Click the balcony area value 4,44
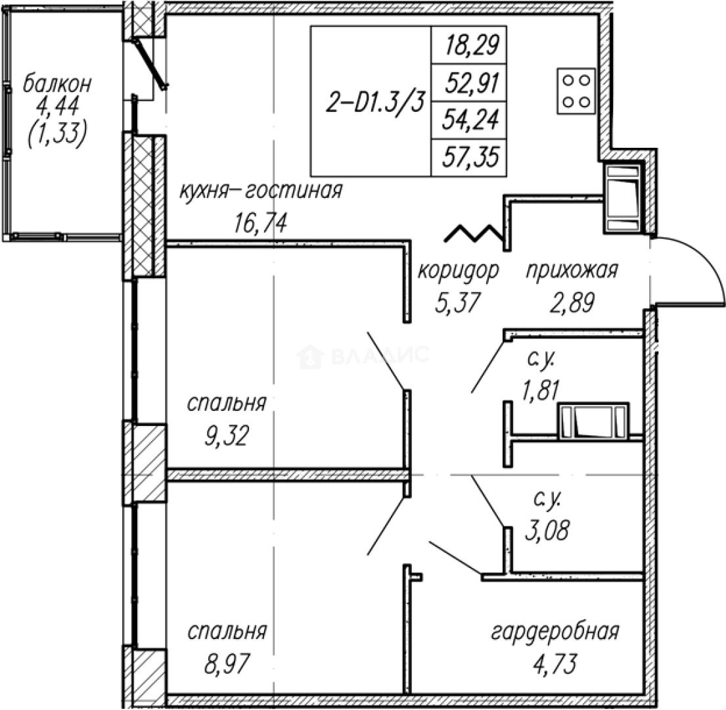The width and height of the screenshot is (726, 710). click(x=57, y=110)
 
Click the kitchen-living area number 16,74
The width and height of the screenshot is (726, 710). click(x=260, y=224)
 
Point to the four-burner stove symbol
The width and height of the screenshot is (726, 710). click(x=576, y=90)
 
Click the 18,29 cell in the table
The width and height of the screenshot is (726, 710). click(x=471, y=46)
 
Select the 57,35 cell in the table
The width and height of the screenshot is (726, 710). click(x=471, y=158)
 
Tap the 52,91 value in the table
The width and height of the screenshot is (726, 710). click(x=471, y=83)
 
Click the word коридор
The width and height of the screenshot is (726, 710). click(x=458, y=270)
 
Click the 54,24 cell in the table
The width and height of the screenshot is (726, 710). click(x=471, y=120)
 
